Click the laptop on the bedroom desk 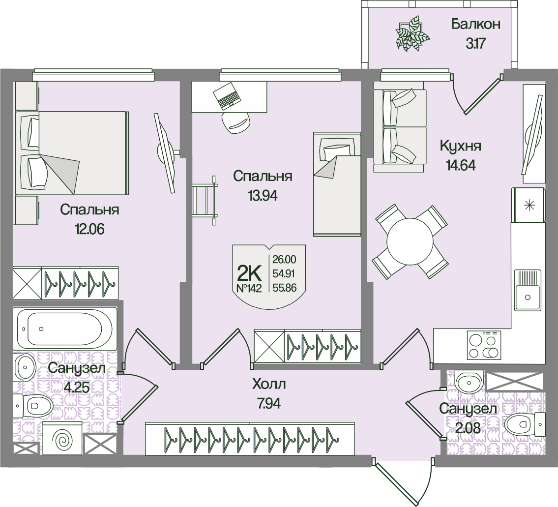[x=226, y=95]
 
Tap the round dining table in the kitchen [x=409, y=242]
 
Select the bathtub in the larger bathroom [x=65, y=328]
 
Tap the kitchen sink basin [x=528, y=291]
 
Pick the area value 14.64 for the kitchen [x=461, y=165]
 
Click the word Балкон [x=475, y=24]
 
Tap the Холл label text [x=269, y=384]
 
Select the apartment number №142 [x=249, y=288]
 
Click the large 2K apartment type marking [x=249, y=273]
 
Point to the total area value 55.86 [x=284, y=288]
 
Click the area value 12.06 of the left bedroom [x=89, y=229]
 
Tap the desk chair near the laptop [x=235, y=122]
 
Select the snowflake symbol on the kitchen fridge [x=530, y=206]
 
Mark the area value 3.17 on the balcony [x=476, y=44]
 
